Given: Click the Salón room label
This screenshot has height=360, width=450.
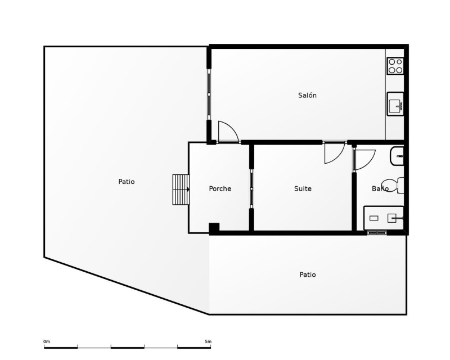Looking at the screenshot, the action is [307, 95].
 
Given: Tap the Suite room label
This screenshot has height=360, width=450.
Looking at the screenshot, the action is [303, 188].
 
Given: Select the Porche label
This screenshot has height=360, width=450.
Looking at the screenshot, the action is [220, 188].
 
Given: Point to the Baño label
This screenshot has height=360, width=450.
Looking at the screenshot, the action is [380, 188].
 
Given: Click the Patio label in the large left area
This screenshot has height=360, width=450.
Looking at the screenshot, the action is [126, 182].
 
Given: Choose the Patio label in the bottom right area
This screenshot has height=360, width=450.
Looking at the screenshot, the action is [308, 274].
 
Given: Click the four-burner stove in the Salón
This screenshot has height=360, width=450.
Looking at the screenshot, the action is [395, 66].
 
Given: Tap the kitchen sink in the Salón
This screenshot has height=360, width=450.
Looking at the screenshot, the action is [395, 103].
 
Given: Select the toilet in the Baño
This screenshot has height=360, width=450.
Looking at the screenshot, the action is [392, 185].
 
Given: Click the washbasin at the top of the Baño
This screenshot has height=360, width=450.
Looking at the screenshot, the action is [397, 156].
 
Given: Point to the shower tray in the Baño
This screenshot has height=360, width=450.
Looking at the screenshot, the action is [384, 218].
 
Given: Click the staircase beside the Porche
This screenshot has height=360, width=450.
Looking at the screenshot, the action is [181, 190].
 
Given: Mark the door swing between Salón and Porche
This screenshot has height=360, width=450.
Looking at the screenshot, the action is [228, 132].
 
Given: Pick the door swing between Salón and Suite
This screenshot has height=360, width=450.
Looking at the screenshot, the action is [334, 153].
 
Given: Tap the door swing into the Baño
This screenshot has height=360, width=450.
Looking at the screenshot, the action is [365, 160].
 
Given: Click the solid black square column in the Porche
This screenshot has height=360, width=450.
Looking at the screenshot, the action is [214, 228].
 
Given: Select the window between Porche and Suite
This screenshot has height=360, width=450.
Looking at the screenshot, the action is [251, 188].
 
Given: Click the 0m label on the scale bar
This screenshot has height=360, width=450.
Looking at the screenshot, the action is [47, 341].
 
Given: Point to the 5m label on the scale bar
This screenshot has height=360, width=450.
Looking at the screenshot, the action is [208, 341].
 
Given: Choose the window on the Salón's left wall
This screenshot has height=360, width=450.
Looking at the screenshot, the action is [209, 94].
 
